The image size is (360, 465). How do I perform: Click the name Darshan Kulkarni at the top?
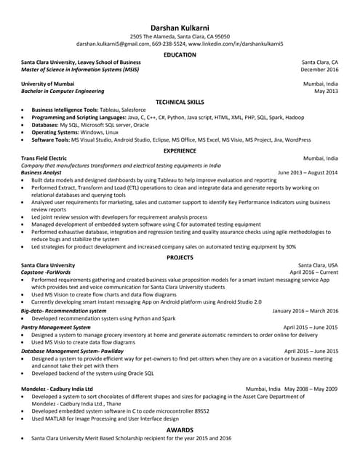click(x=180, y=26)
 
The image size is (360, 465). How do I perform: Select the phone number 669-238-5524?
click(x=169, y=44)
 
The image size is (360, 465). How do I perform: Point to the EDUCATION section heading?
click(x=180, y=54)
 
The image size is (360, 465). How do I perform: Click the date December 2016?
click(x=319, y=70)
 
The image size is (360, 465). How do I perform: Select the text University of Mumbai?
click(x=48, y=84)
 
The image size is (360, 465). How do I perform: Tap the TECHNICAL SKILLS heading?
click(x=180, y=102)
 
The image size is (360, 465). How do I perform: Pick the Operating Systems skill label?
click(x=55, y=132)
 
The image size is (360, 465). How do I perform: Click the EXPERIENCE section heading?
click(x=180, y=150)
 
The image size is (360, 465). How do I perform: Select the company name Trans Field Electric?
click(x=44, y=158)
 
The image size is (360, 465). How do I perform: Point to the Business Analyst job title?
click(x=41, y=173)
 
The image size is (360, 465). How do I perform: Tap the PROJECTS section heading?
click(x=180, y=257)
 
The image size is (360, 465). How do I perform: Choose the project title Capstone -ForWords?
click(x=51, y=272)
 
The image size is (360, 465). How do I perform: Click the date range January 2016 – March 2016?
click(x=305, y=311)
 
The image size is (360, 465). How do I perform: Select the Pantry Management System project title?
click(x=61, y=328)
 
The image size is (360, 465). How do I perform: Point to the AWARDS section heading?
click(x=180, y=430)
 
